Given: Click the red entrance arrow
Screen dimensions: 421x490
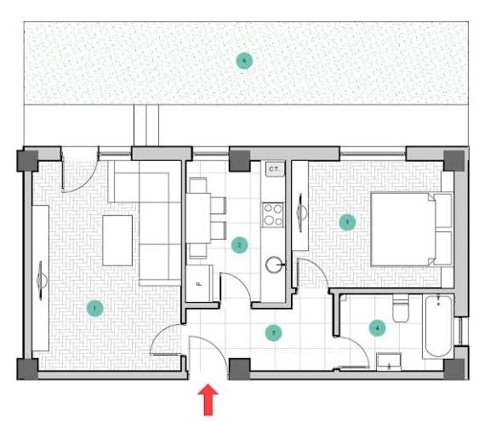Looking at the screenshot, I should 207,401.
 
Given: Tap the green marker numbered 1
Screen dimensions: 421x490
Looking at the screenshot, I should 94,308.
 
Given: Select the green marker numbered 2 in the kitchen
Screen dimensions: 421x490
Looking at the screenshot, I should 240,245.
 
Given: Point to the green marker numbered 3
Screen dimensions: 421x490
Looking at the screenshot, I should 345,223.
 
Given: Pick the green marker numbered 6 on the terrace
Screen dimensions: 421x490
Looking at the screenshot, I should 244,60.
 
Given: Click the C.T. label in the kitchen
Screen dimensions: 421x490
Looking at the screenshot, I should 274,170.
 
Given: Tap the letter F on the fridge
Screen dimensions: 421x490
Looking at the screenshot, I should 198,283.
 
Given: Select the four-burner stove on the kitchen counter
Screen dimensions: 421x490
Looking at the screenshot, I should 274,214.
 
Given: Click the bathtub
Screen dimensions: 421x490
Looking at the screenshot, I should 438,325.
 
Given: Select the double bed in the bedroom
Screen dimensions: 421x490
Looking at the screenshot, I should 405,227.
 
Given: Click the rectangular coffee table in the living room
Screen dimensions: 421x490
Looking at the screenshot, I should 117,240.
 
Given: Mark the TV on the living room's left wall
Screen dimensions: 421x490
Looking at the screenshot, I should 40,278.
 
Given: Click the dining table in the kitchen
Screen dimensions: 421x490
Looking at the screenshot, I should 198,218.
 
